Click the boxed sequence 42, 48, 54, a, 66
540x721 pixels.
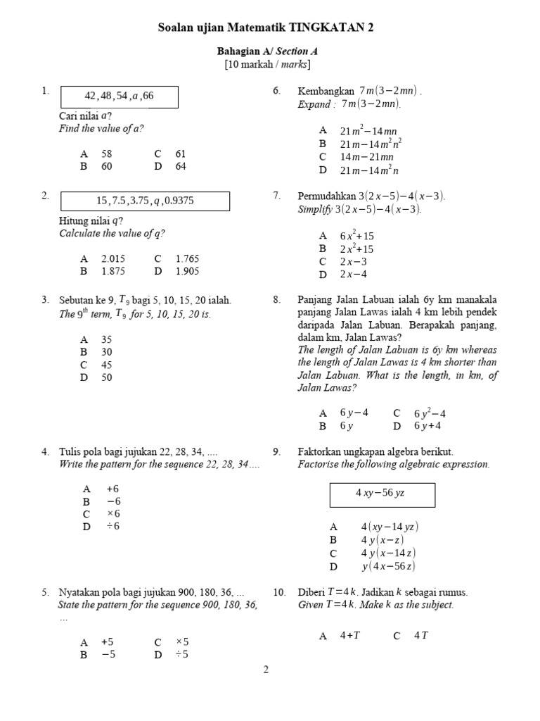(x=119, y=96)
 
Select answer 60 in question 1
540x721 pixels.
(x=107, y=166)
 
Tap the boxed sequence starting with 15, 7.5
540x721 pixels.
(x=145, y=201)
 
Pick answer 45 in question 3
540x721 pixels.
(x=107, y=365)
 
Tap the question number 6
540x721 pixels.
(x=276, y=91)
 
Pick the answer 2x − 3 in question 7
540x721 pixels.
(x=353, y=261)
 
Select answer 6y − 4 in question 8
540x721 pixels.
(x=354, y=413)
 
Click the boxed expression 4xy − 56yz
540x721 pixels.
(x=382, y=494)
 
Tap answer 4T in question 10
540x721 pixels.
(x=421, y=635)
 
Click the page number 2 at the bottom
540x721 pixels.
(x=266, y=670)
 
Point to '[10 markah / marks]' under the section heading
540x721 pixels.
(x=266, y=65)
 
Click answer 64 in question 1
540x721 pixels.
(x=181, y=166)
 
